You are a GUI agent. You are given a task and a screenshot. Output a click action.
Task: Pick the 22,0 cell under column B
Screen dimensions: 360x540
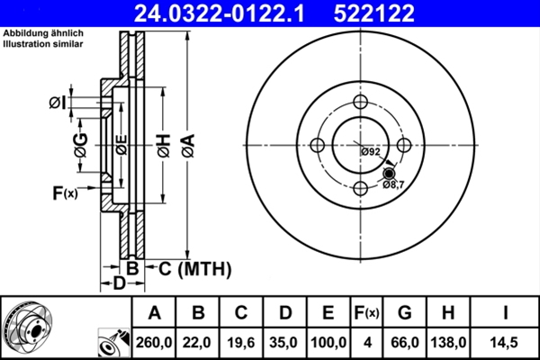click(x=198, y=341)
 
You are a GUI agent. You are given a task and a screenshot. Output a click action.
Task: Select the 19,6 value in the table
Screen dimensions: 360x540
click(x=241, y=341)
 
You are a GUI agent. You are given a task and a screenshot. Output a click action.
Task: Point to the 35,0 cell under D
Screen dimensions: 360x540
click(x=284, y=341)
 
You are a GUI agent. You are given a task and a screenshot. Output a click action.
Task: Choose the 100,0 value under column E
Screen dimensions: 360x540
click(x=328, y=341)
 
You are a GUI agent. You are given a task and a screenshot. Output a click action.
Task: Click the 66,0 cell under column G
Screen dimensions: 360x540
click(x=405, y=341)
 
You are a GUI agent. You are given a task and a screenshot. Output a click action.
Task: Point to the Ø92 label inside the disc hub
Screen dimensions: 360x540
click(x=370, y=151)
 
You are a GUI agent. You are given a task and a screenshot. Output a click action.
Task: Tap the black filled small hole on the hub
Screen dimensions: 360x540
click(x=389, y=173)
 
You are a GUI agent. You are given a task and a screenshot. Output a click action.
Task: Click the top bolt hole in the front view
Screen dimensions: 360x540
click(x=360, y=102)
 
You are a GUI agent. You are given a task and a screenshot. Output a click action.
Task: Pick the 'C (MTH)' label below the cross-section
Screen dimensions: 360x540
click(x=195, y=268)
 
